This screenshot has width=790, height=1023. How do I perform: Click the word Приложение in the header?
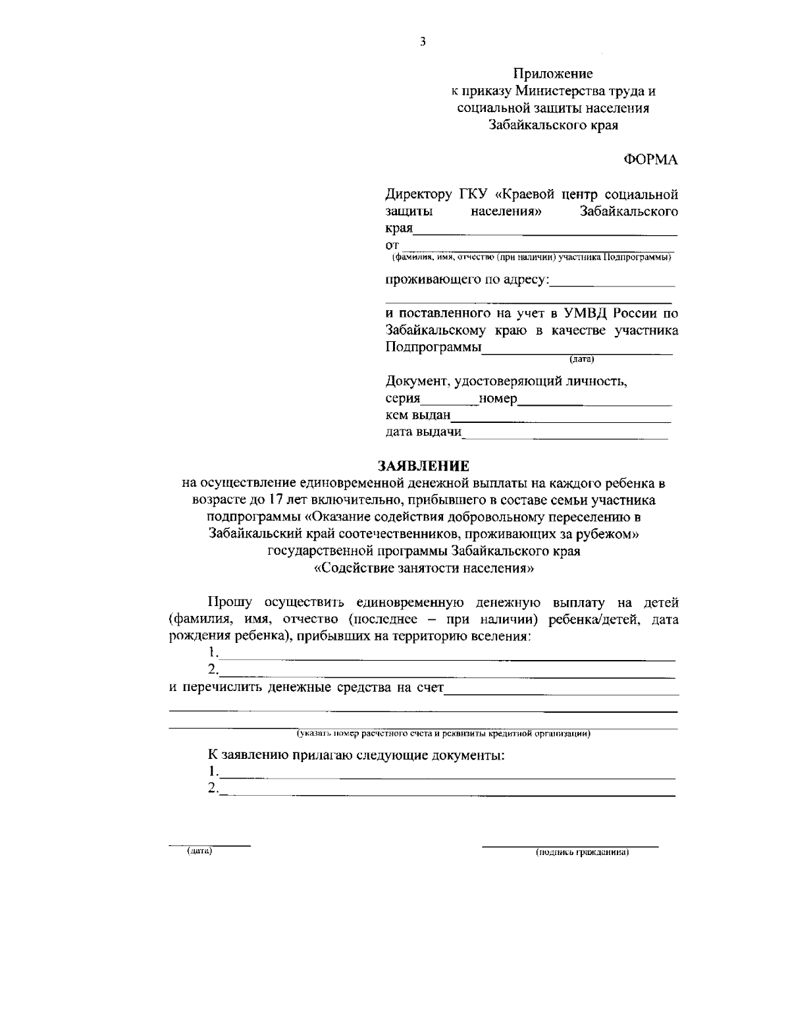coord(553,74)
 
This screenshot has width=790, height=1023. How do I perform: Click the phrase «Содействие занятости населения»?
coord(423,567)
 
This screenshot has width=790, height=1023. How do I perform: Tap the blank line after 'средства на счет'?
coord(562,690)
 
